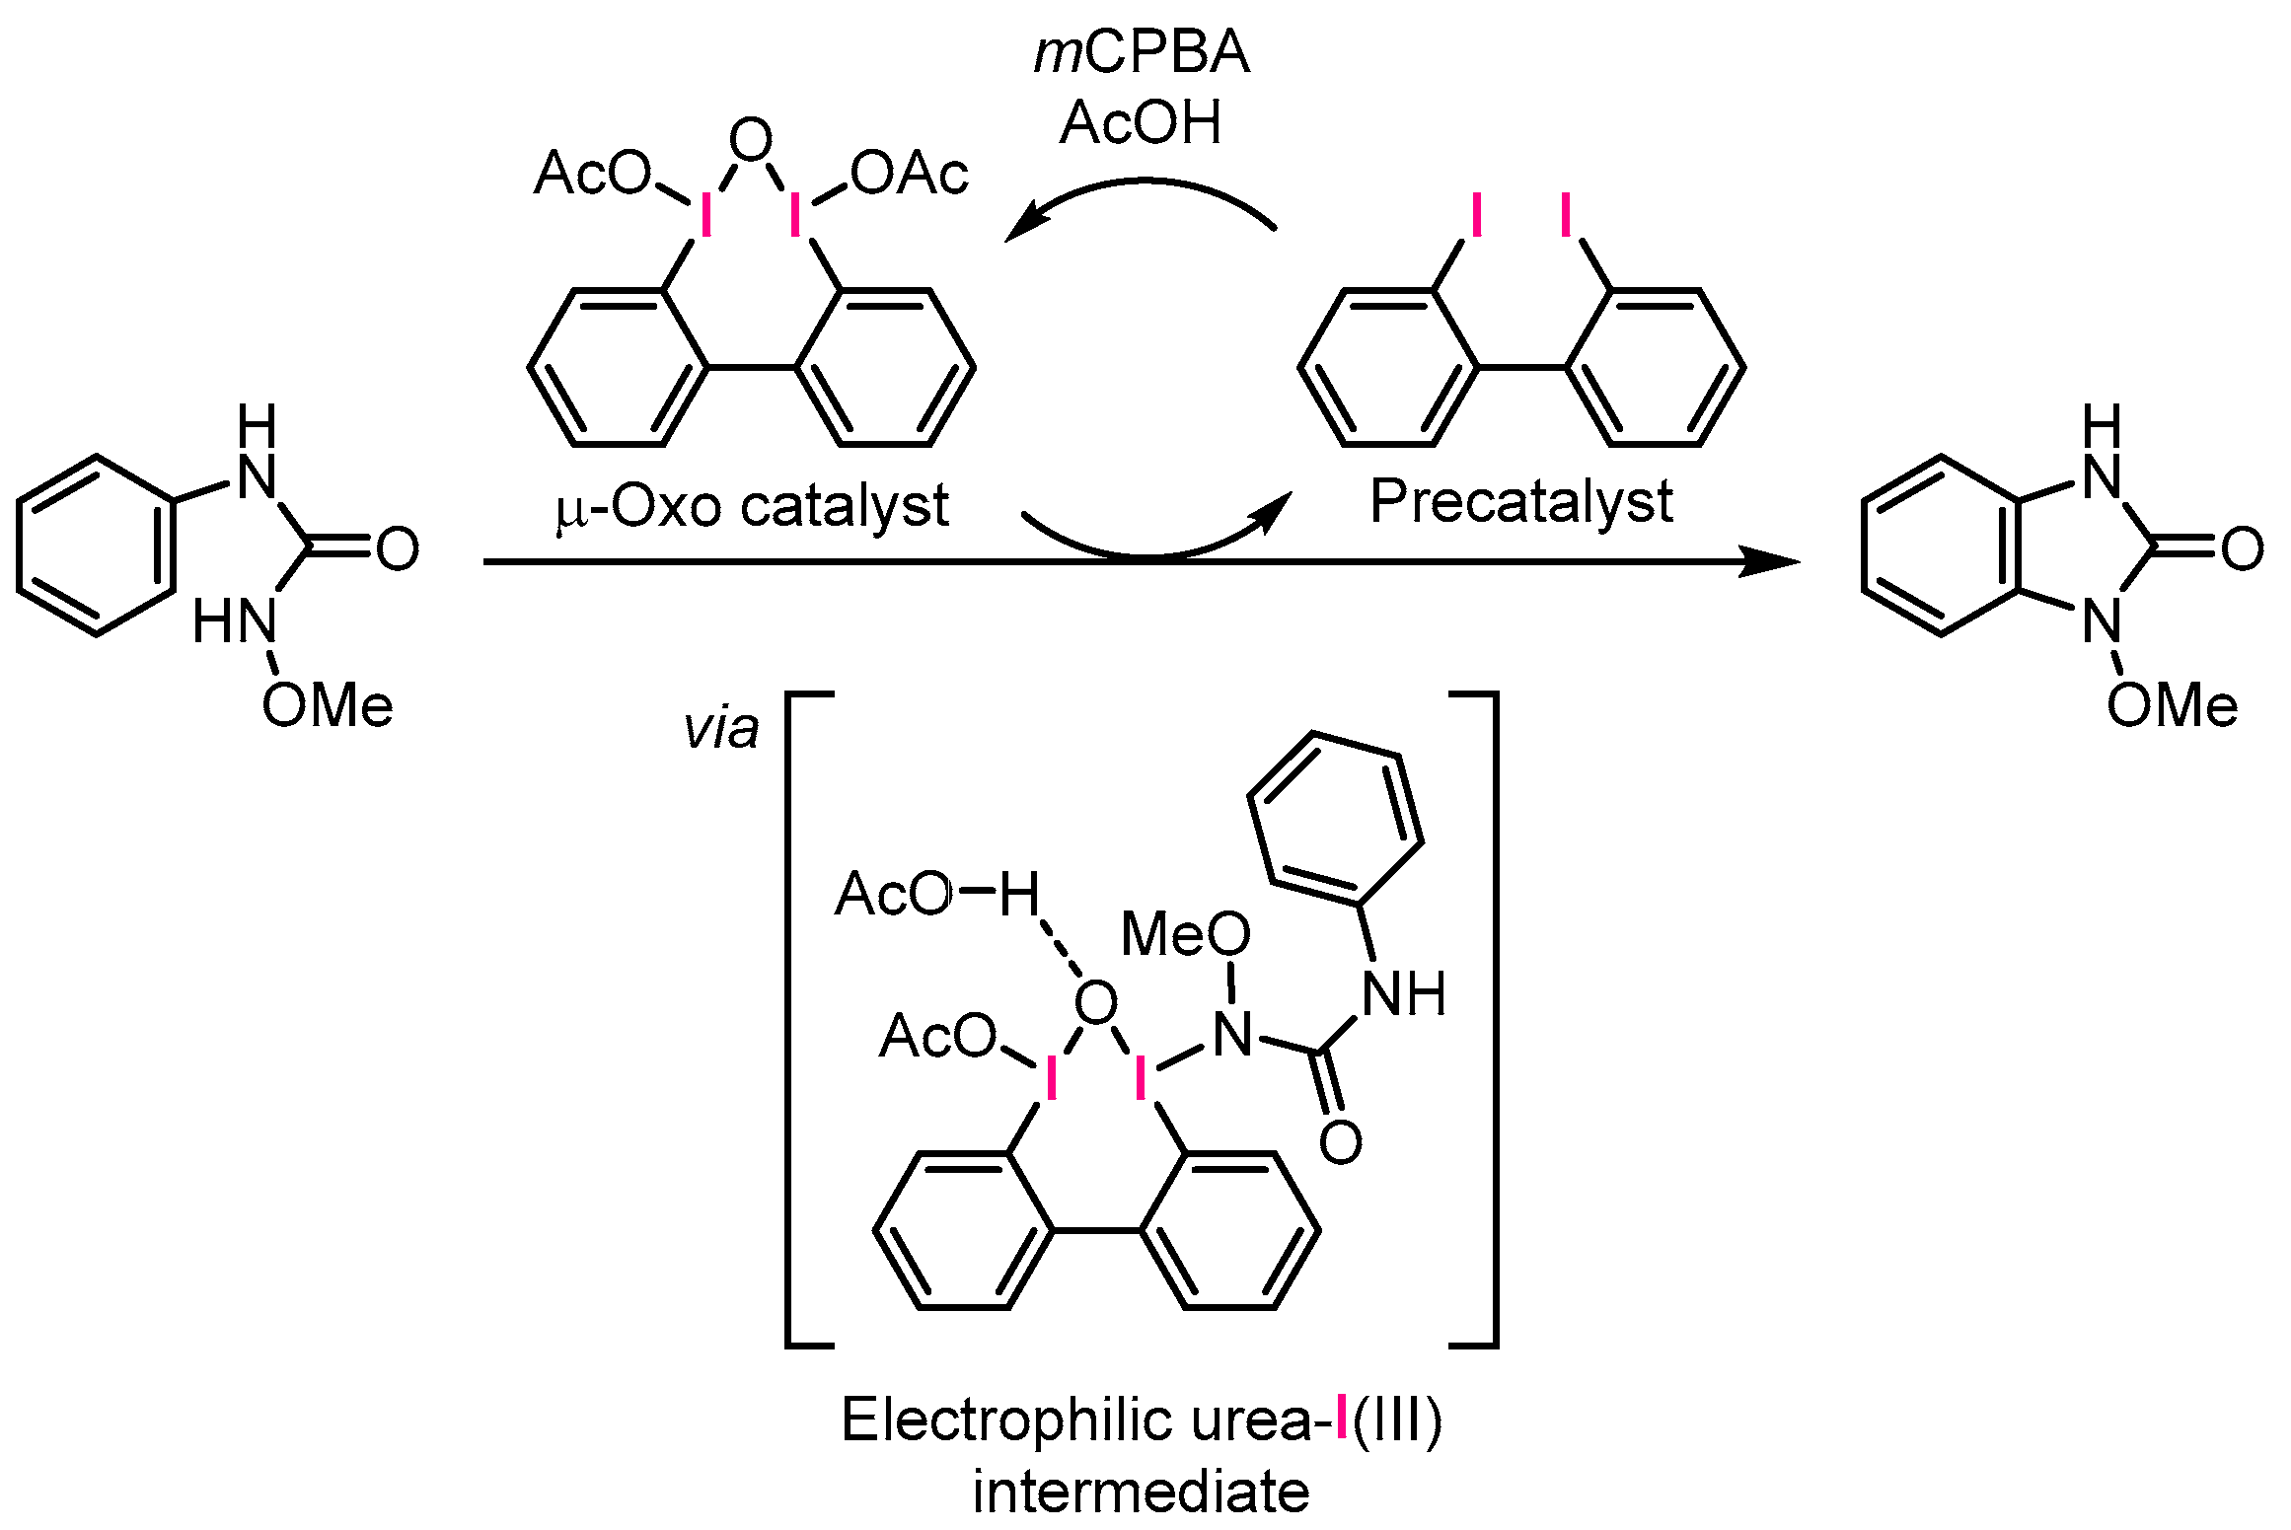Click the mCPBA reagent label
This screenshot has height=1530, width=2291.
click(x=1142, y=54)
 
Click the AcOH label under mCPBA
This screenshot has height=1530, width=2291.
click(x=1142, y=123)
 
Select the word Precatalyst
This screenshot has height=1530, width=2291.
click(x=1521, y=501)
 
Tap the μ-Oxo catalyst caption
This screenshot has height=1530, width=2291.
click(x=752, y=506)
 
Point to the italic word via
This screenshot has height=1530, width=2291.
click(x=721, y=729)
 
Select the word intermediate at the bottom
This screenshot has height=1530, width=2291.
click(x=1142, y=1491)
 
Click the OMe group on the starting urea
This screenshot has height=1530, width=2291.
click(x=328, y=706)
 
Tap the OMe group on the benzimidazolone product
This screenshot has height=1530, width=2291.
click(x=2172, y=706)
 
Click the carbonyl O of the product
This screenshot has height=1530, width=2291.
click(x=2243, y=548)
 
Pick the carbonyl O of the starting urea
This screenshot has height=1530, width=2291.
click(x=398, y=548)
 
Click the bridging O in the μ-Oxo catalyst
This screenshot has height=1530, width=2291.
click(x=751, y=141)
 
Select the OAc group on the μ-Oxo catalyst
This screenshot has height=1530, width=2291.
click(x=910, y=175)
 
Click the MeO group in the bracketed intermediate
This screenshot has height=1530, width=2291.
click(x=1185, y=933)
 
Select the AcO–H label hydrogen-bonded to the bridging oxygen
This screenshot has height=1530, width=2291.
click(x=937, y=894)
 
